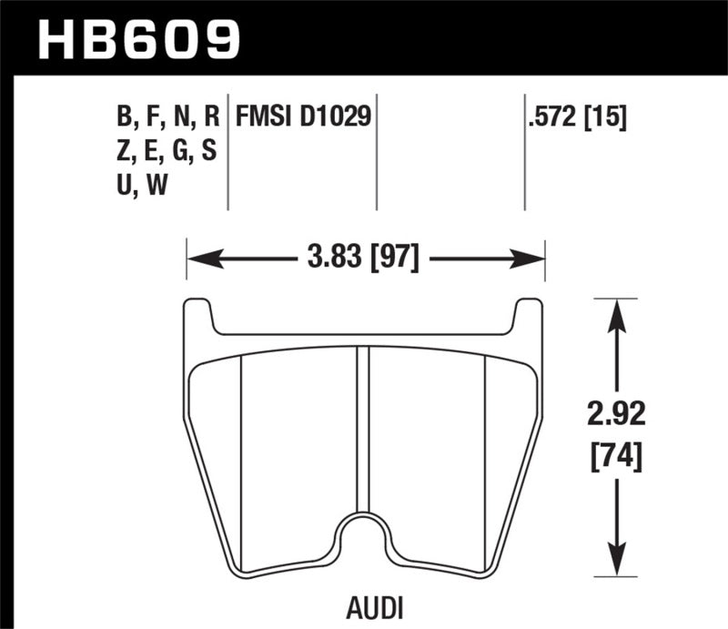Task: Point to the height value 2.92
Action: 616,416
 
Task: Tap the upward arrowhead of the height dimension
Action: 616,309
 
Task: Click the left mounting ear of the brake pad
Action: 199,319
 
